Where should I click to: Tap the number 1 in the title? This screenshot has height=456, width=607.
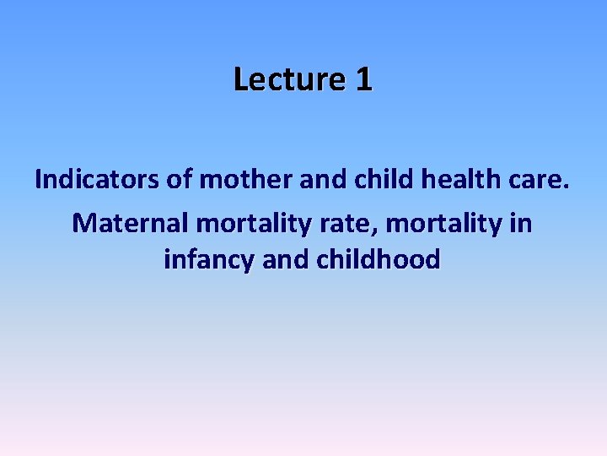pos(363,79)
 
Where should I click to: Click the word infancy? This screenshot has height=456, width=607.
pos(210,260)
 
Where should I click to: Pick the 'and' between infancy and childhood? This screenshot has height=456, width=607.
pos(286,258)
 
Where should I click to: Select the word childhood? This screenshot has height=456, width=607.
pos(379,258)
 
